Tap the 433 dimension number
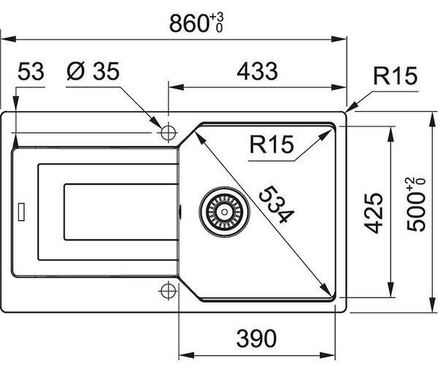[x=257, y=72]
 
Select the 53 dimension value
[x=31, y=72]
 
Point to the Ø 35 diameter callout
[x=93, y=71]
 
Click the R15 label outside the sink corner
[x=395, y=75]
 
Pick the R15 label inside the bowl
[x=272, y=144]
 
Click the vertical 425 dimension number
[x=374, y=213]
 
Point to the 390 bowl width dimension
[x=256, y=338]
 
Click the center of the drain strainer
[x=224, y=212]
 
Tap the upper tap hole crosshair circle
[x=168, y=132]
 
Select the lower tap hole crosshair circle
[x=168, y=291]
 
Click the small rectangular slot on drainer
[x=21, y=212]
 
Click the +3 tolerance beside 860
[x=217, y=18]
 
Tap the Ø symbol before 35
[x=76, y=71]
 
